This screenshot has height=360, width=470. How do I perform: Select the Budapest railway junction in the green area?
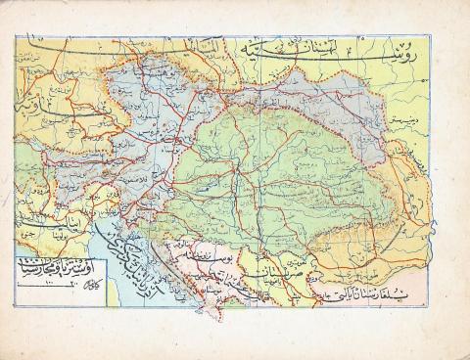(233, 166)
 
